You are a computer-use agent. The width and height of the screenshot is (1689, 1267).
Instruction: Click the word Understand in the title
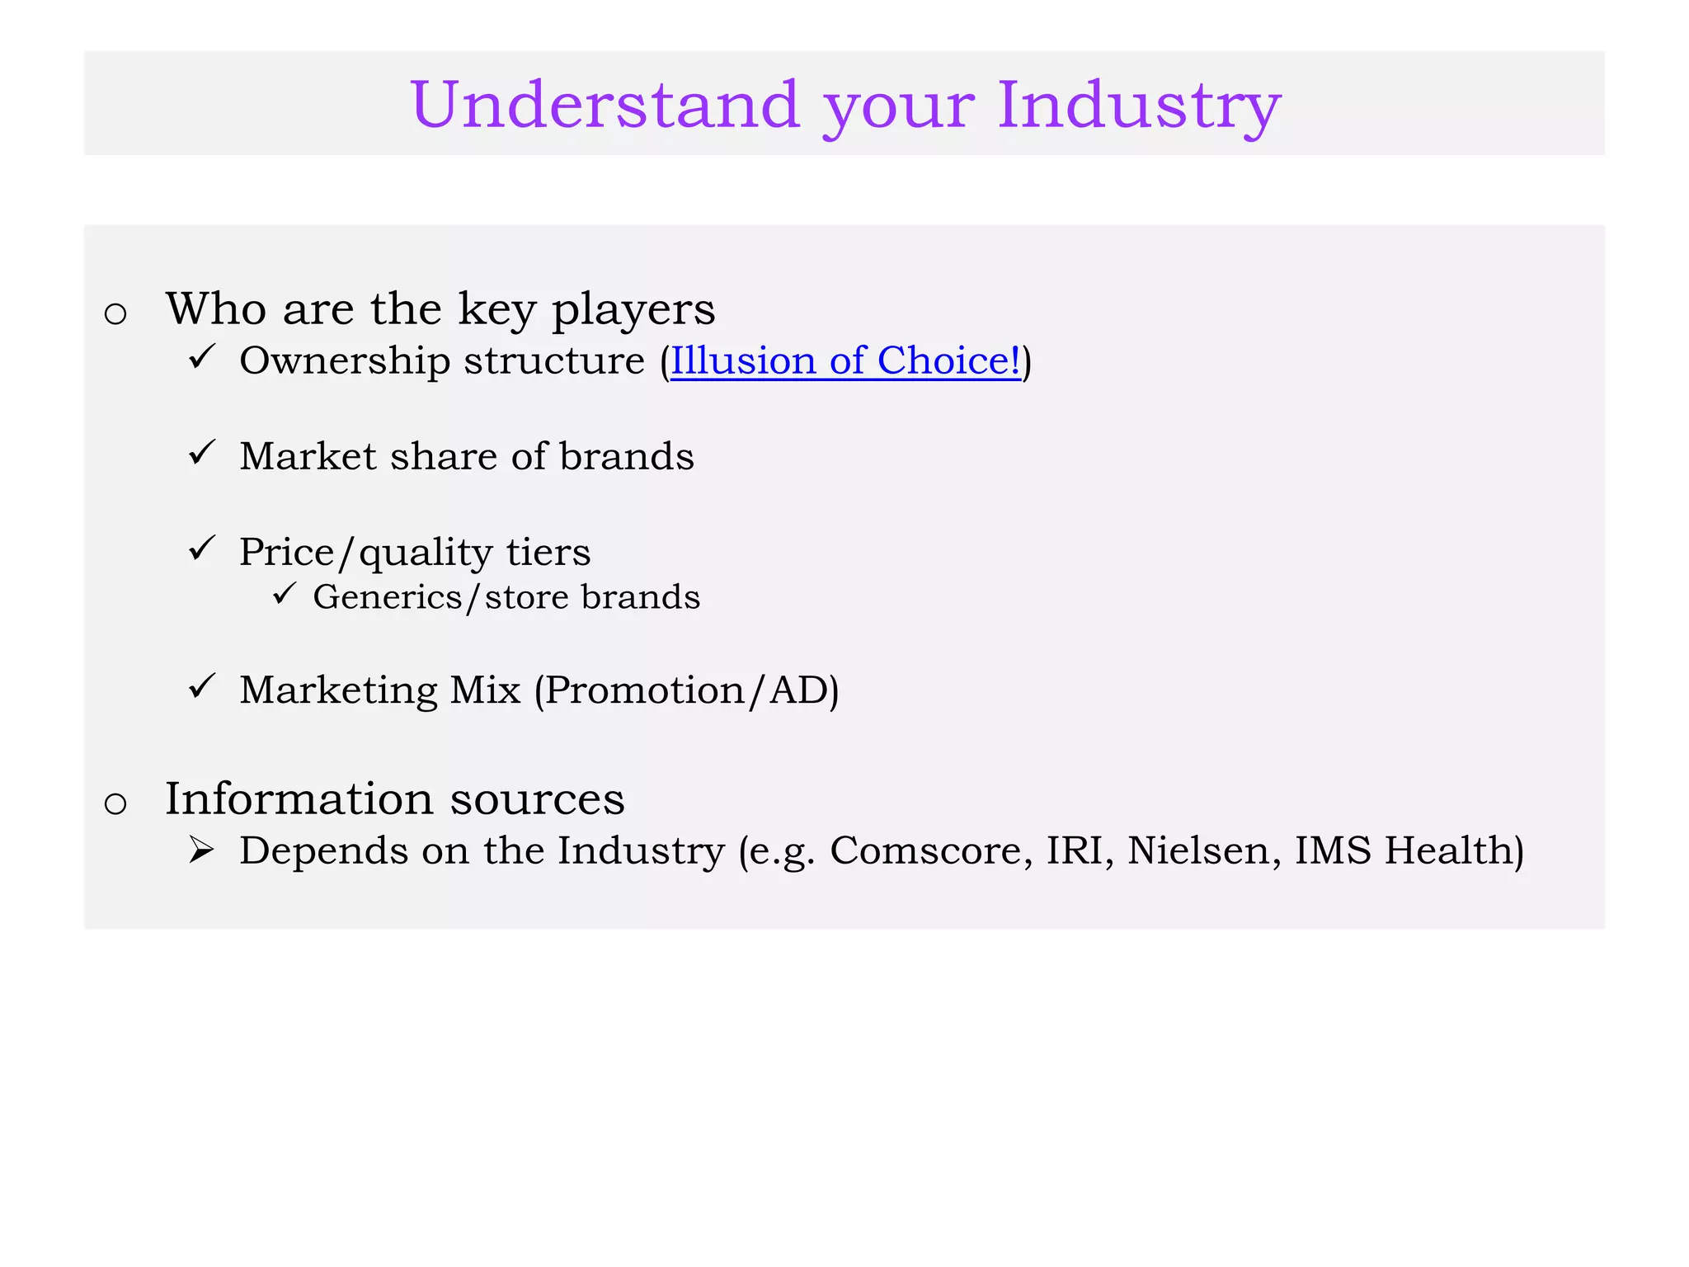(605, 105)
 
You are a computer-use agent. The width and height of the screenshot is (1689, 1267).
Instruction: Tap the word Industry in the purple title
(1139, 105)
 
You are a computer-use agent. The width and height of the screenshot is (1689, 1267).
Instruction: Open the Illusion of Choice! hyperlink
(845, 360)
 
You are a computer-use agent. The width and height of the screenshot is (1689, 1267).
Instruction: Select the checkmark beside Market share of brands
(201, 452)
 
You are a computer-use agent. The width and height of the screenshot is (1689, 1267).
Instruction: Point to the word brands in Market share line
(627, 456)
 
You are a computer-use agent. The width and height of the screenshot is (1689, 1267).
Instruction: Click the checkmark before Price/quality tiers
(201, 548)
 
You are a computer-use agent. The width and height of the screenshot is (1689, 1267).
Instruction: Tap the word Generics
(388, 596)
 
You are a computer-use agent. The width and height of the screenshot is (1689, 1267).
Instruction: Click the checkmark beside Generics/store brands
(283, 593)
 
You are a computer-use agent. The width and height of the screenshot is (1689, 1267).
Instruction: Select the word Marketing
(338, 690)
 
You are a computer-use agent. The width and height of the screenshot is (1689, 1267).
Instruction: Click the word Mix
(485, 690)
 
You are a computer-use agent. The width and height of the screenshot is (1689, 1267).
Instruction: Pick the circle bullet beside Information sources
(115, 803)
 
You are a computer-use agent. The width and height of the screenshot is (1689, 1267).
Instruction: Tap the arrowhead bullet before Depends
(200, 850)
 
